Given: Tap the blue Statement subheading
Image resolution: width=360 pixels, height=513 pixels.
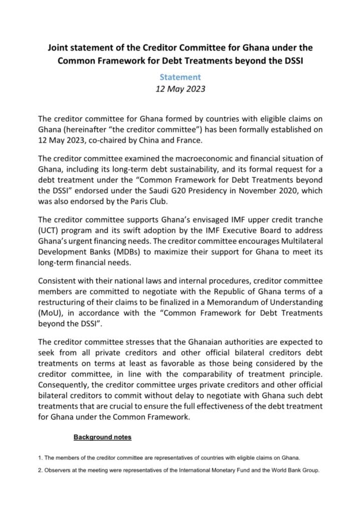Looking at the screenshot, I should tap(180, 77).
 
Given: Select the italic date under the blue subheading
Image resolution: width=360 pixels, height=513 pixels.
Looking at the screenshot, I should tap(180, 90).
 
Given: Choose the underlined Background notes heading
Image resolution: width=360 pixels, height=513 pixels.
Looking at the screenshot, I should tap(102, 437).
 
